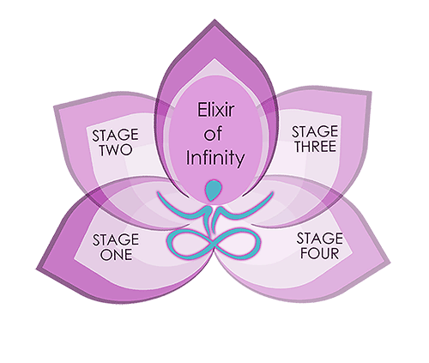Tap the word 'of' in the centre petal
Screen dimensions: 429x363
click(213, 134)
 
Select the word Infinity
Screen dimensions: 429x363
click(215, 158)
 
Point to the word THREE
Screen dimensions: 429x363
click(316, 146)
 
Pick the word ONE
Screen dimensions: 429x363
click(116, 254)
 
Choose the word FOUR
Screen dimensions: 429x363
click(319, 253)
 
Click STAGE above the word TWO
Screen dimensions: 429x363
click(115, 135)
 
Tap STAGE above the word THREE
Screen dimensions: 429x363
click(315, 131)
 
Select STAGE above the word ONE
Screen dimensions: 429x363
click(116, 239)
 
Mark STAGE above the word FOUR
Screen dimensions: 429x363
click(319, 239)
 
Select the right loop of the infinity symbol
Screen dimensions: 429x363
click(239, 244)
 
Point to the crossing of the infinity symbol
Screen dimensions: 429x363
click(214, 244)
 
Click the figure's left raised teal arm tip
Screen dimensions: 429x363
click(158, 193)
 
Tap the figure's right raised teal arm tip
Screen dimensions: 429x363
click(272, 193)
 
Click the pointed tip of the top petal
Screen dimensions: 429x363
click(214, 20)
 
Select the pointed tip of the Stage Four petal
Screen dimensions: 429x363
click(390, 262)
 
